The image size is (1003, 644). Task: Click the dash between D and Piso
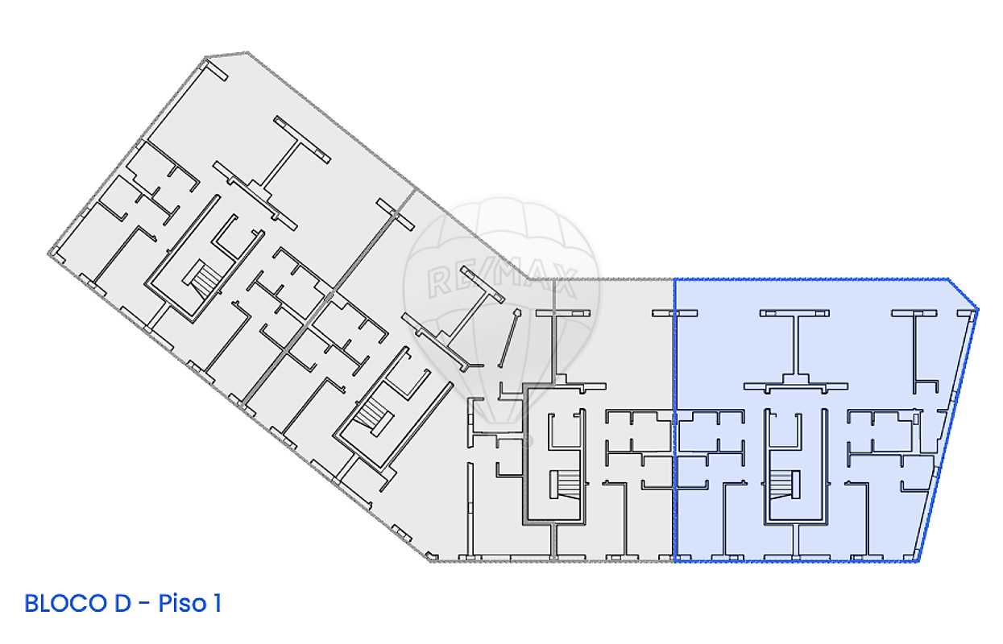click(144, 605)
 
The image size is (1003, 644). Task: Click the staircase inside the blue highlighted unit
click(785, 485)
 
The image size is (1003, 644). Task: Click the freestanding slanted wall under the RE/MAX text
click(509, 338)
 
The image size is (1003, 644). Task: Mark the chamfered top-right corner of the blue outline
click(963, 294)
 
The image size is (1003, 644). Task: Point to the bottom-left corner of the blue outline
click(675, 561)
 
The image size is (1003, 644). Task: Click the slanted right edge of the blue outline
click(948, 435)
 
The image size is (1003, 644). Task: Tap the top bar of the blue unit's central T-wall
click(794, 313)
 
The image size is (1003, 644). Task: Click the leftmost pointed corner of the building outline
click(48, 254)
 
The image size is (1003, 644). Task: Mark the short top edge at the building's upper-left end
click(226, 55)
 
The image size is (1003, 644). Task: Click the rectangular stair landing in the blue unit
click(796, 485)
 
